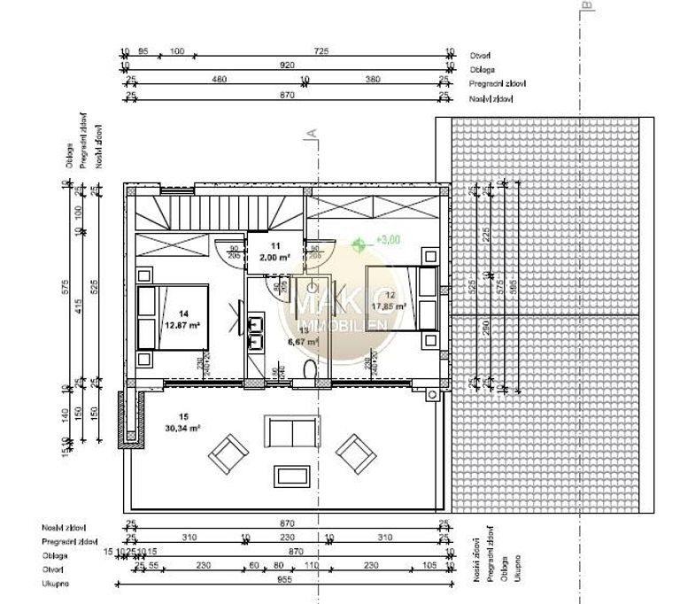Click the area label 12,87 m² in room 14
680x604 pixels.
pos(182,324)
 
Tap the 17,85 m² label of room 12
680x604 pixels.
pos(389,306)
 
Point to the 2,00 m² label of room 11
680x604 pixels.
pos(275,256)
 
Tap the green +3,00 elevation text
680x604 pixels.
pos(389,239)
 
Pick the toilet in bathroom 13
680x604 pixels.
pos(309,369)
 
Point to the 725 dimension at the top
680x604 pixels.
pos(310,50)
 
